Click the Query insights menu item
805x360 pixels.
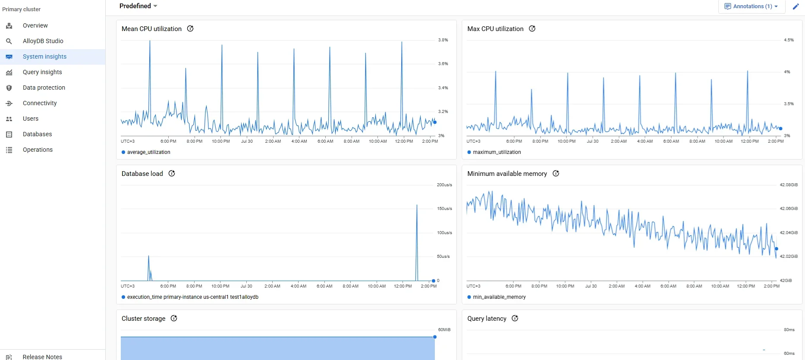click(x=42, y=72)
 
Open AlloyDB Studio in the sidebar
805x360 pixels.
click(x=43, y=41)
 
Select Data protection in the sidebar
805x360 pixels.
click(x=44, y=88)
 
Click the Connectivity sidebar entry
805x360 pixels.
click(x=40, y=103)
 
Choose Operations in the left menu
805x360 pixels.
click(x=38, y=150)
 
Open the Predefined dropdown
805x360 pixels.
click(x=138, y=6)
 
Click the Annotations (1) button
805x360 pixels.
click(x=751, y=6)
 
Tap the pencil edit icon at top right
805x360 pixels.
click(x=796, y=6)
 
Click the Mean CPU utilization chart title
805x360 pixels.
click(x=151, y=29)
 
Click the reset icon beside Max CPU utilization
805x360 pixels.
click(x=532, y=28)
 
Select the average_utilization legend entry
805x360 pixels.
click(x=148, y=152)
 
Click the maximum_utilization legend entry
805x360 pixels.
click(x=496, y=152)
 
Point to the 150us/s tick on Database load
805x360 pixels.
click(x=444, y=209)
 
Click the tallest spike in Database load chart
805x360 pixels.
click(x=417, y=206)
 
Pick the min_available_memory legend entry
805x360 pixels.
click(x=499, y=297)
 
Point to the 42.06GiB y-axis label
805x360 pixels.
click(x=788, y=209)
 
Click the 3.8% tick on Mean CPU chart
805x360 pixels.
click(x=443, y=40)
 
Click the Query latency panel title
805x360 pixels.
click(x=487, y=319)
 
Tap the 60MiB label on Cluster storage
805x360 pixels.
click(x=444, y=330)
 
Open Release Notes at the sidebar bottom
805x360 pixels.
click(x=42, y=357)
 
